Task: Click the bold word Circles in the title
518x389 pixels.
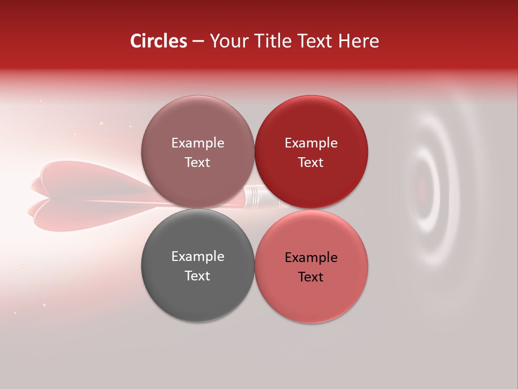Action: pos(159,41)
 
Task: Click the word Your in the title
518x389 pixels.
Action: pos(229,41)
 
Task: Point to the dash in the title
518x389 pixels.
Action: pos(198,42)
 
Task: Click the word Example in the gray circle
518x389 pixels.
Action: pos(197,257)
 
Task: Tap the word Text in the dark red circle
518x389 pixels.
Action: pos(311,162)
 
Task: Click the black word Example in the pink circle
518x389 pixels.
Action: pos(311,258)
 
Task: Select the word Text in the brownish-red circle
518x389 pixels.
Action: pos(197,162)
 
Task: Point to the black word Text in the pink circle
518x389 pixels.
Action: pos(311,277)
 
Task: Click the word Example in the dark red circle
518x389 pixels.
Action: pos(311,143)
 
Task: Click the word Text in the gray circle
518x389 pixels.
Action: pos(197,276)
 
